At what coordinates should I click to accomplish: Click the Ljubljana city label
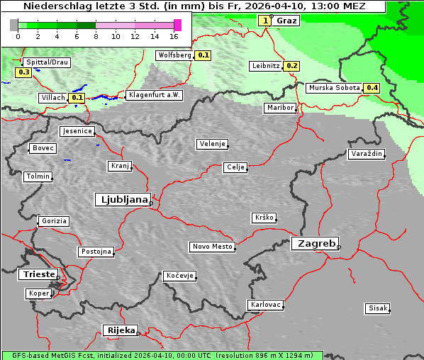[x=122, y=200]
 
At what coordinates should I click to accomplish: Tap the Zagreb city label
[x=314, y=243]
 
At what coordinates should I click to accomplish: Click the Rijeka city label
[x=121, y=330]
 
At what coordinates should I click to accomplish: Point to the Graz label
[x=286, y=21]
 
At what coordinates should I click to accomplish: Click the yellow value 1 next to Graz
[x=265, y=21]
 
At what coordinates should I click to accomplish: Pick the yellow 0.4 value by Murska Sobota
[x=372, y=88]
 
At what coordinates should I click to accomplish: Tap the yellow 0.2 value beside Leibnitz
[x=291, y=66]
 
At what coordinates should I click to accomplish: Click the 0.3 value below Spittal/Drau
[x=23, y=72]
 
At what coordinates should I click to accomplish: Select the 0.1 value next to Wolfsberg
[x=203, y=55]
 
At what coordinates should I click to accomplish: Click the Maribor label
[x=279, y=108]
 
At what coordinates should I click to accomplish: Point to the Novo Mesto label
[x=212, y=247]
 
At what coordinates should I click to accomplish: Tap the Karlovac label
[x=266, y=305]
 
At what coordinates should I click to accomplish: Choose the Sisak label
[x=377, y=308]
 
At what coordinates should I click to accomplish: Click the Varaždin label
[x=367, y=154]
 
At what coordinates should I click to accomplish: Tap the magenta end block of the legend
[x=177, y=25]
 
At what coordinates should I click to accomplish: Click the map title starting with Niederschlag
[x=194, y=6]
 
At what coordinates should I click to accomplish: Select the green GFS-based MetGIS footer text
[x=162, y=355]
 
